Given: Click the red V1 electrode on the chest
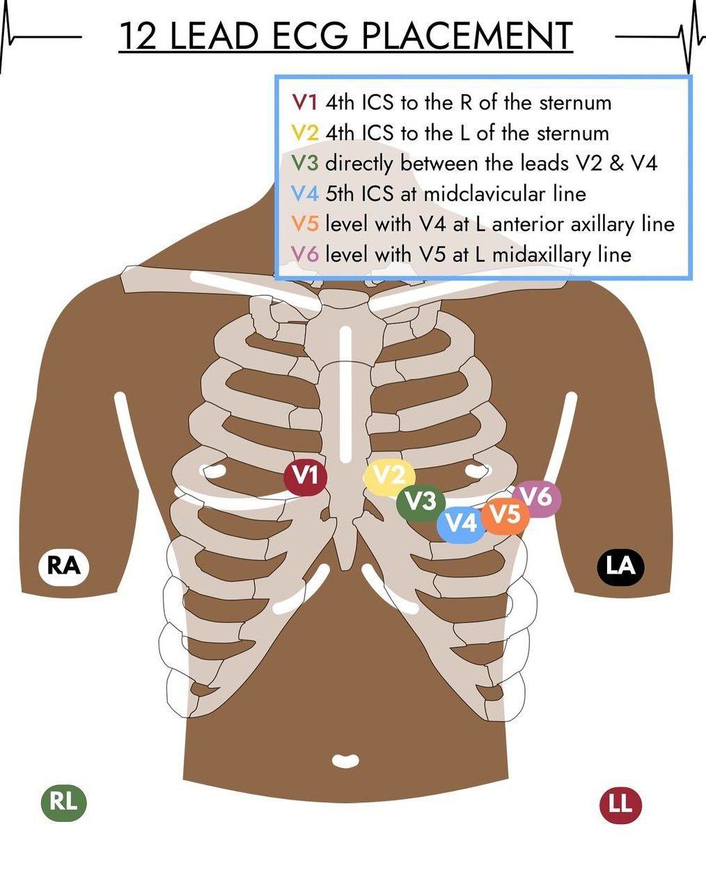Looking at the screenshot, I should (305, 477).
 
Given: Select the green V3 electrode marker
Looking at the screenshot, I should (421, 501).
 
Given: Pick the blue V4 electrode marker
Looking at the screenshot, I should (460, 522).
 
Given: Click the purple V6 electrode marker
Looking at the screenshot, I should (538, 497).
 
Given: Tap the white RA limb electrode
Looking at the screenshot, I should (63, 566).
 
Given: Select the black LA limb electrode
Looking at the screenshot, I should (620, 566).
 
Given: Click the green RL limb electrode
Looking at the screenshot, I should (63, 802).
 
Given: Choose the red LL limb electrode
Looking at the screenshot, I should (620, 805).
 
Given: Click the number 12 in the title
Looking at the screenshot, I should (138, 36).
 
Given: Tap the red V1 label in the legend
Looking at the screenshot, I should (305, 103).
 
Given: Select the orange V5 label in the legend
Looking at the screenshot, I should (305, 224).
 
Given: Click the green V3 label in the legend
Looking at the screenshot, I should (305, 164).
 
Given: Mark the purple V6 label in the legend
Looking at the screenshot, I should (305, 255).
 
